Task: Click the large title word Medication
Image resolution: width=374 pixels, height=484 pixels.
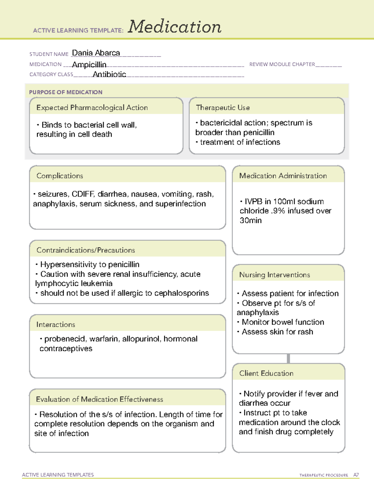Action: click(x=175, y=27)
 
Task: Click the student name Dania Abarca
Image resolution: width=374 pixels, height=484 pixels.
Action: click(x=96, y=53)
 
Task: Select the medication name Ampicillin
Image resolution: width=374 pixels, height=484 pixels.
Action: click(x=89, y=65)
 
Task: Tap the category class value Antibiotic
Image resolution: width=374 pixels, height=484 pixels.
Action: click(x=109, y=74)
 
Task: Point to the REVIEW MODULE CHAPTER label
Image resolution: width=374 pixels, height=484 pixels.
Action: click(x=282, y=64)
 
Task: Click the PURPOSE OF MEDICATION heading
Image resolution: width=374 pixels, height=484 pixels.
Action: click(x=66, y=92)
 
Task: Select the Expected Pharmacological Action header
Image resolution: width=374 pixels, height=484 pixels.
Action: click(x=92, y=108)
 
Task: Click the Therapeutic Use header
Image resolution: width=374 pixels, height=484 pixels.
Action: click(x=223, y=108)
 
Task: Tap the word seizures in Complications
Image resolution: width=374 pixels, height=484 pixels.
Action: click(x=53, y=194)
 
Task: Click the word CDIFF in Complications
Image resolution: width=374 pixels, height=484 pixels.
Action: click(x=83, y=194)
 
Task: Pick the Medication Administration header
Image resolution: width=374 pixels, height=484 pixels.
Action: click(x=283, y=176)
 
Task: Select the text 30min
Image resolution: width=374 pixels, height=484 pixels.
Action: click(x=251, y=221)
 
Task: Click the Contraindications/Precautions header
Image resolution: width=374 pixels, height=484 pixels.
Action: click(x=86, y=250)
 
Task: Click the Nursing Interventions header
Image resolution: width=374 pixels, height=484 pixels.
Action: click(x=275, y=275)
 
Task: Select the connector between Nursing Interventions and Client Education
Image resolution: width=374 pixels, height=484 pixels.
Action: click(x=288, y=359)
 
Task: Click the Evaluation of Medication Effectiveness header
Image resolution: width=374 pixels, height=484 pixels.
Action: click(x=99, y=399)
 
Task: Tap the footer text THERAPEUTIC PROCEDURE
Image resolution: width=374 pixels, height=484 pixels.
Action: click(x=324, y=475)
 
